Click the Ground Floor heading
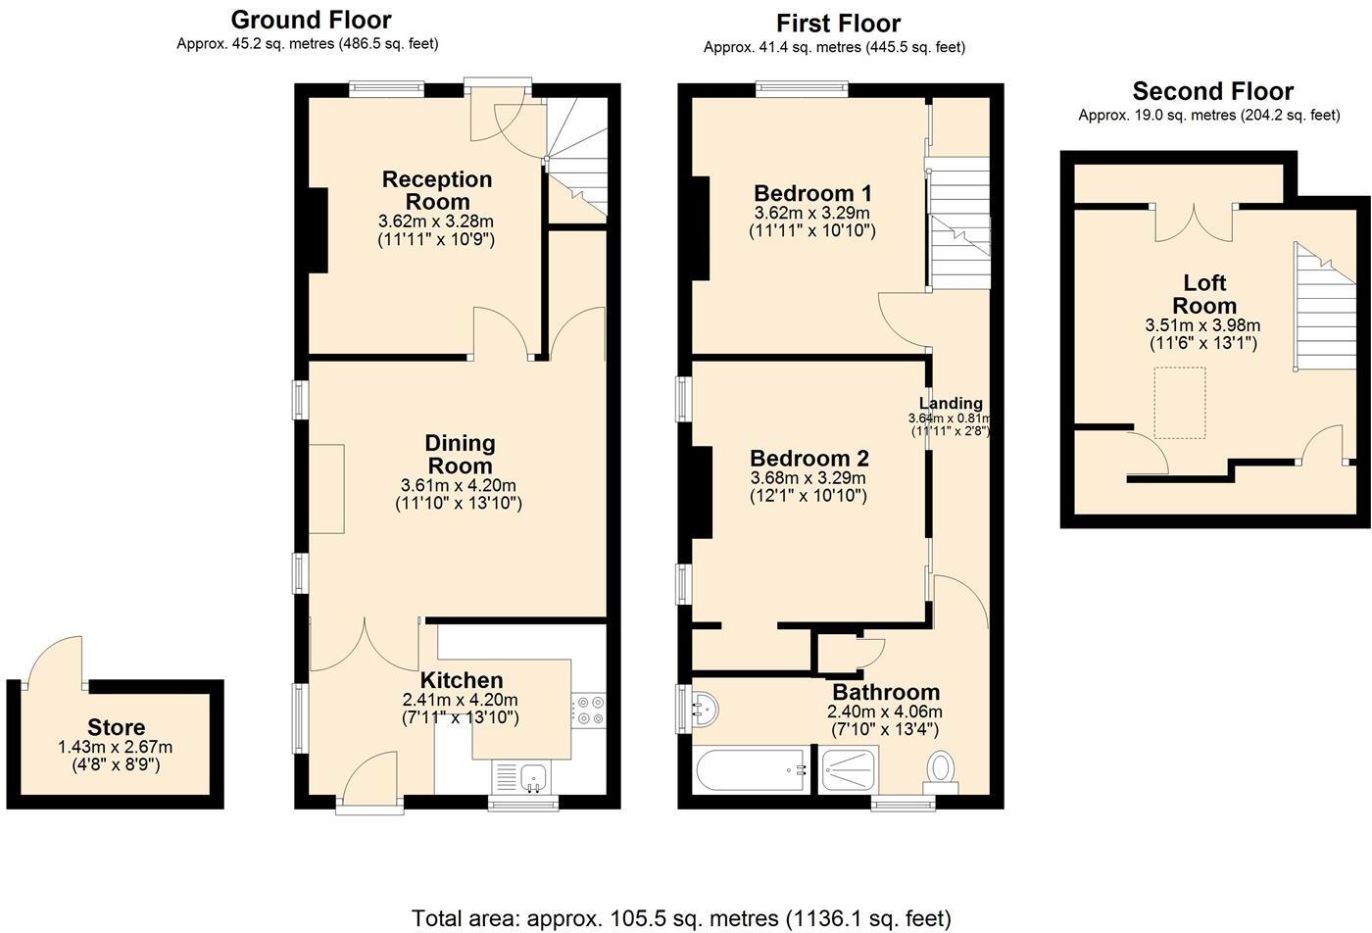pyautogui.click(x=311, y=20)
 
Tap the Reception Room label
pyautogui.click(x=437, y=190)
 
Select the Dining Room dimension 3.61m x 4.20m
pyautogui.click(x=458, y=485)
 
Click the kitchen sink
pyautogui.click(x=534, y=778)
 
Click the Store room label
pyautogui.click(x=116, y=727)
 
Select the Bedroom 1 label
pyautogui.click(x=812, y=192)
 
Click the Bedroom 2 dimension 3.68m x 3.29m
pyautogui.click(x=808, y=478)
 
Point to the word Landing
pyautogui.click(x=951, y=403)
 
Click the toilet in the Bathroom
pyautogui.click(x=941, y=767)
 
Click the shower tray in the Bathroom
pyautogui.click(x=850, y=769)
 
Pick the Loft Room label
pyautogui.click(x=1204, y=294)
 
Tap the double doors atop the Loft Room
pyautogui.click(x=1194, y=221)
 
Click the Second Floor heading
pyautogui.click(x=1212, y=91)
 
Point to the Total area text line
pyautogui.click(x=681, y=918)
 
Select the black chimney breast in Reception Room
pyautogui.click(x=318, y=229)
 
